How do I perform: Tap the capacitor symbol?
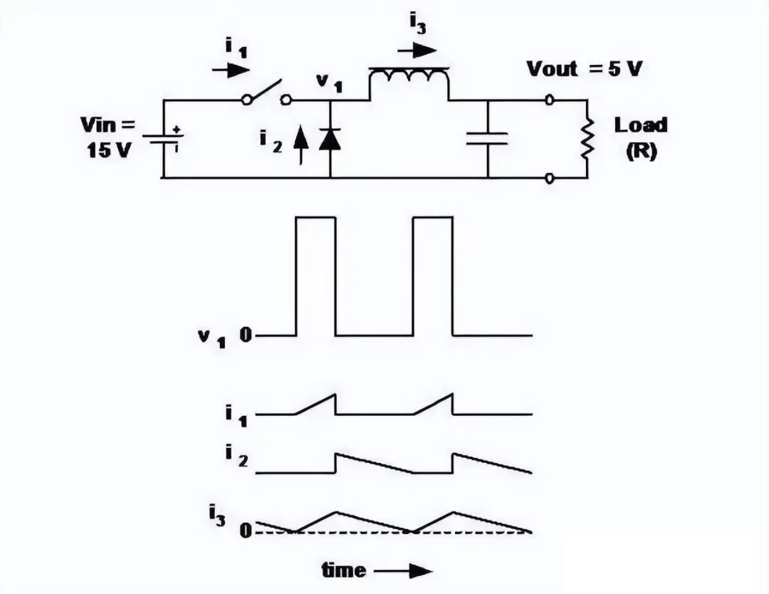tap(488, 139)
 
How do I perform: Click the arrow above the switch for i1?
tap(231, 71)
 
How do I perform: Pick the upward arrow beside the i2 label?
tap(301, 145)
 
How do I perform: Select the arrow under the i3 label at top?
tap(417, 51)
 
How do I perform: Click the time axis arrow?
tap(403, 571)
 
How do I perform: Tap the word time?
tap(344, 570)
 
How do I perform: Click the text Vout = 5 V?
tap(584, 68)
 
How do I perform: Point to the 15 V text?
tap(110, 150)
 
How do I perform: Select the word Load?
tap(641, 125)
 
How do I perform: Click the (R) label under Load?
tap(641, 151)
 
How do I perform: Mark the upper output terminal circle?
tap(550, 100)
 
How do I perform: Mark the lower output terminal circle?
tap(550, 178)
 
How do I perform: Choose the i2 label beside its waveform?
tap(237, 456)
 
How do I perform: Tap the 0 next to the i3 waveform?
tap(246, 530)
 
